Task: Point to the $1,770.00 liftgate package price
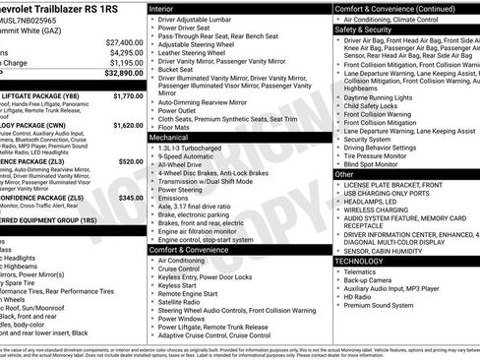128,96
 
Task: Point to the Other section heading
344,174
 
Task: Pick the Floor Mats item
176,127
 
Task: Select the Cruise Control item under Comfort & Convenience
184,268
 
